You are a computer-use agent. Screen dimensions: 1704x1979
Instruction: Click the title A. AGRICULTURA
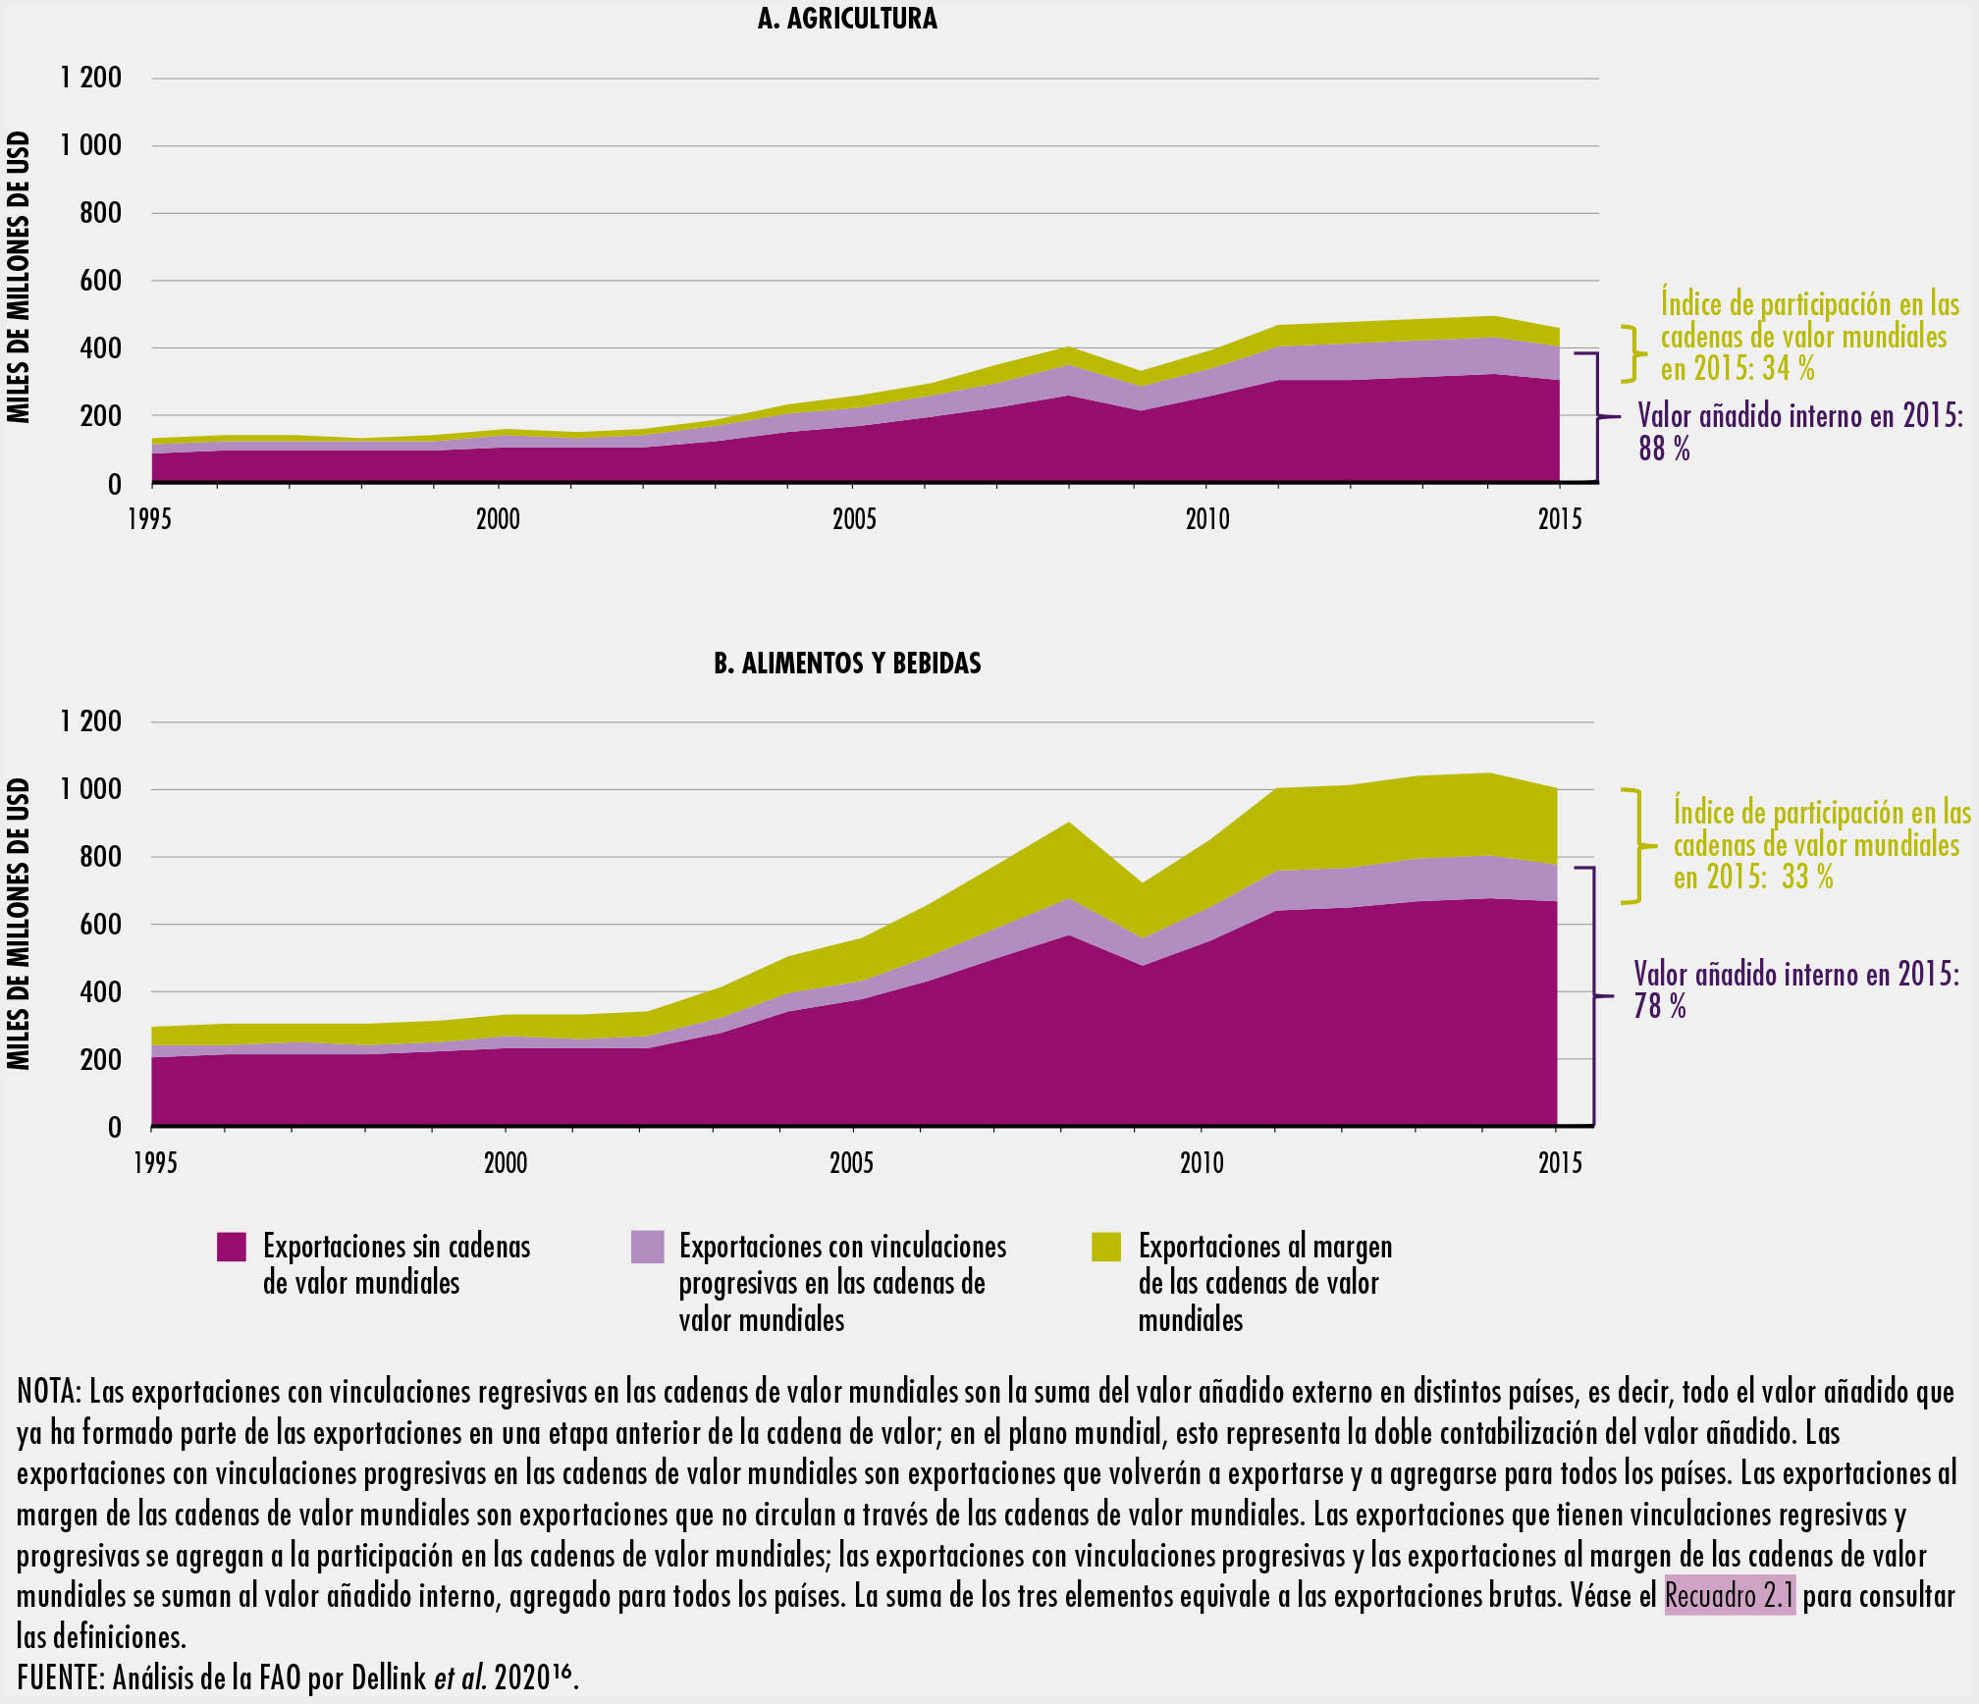[847, 19]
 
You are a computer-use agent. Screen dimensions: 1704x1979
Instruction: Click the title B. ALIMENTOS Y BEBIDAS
[847, 664]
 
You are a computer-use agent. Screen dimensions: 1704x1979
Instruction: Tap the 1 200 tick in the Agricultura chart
[90, 78]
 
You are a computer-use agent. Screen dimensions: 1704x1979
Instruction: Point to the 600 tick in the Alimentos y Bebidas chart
[99, 925]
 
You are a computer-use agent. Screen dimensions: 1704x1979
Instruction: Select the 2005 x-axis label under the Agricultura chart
[854, 519]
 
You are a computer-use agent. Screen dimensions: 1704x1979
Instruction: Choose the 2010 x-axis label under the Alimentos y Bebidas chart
[1202, 1163]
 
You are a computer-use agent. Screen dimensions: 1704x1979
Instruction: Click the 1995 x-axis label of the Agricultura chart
[149, 519]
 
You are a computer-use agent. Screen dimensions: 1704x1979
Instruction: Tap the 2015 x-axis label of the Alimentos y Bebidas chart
[1560, 1163]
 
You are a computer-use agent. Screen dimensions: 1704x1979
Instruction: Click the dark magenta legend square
[232, 1247]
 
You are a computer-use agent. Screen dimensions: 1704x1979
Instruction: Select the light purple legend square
[648, 1247]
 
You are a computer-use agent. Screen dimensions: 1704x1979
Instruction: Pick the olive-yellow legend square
[1106, 1247]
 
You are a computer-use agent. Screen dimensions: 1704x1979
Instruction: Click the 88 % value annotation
[1664, 450]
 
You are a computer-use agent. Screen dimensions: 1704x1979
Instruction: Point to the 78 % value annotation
[1660, 1007]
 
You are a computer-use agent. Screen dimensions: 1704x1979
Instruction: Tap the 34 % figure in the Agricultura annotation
[1788, 369]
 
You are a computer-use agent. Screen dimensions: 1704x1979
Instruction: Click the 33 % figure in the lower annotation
[1807, 878]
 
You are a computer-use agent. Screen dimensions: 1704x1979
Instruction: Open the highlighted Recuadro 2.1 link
[1730, 1595]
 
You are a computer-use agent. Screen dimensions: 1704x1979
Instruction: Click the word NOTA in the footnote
[49, 1392]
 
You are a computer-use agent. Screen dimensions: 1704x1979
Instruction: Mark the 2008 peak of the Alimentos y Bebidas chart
[1068, 824]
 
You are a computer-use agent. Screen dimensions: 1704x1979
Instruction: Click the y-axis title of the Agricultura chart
[19, 278]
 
